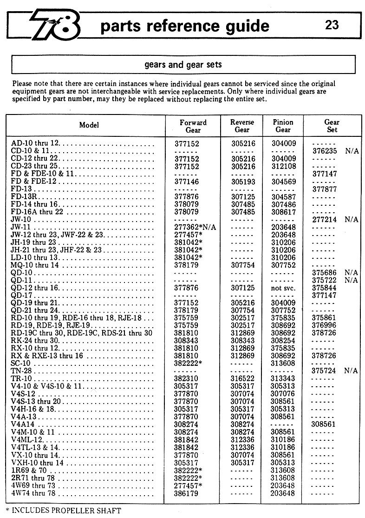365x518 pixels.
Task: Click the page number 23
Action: click(332, 25)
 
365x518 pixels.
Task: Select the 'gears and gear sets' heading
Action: click(182, 65)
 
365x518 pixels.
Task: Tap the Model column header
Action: click(89, 125)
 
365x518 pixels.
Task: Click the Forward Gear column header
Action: click(193, 126)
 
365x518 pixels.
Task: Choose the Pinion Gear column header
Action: click(283, 126)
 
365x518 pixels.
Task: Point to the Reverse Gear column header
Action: click(242, 126)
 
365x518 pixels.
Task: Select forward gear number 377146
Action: click(187, 181)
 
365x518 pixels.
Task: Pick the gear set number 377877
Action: click(324, 189)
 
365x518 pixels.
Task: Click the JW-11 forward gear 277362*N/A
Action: click(195, 227)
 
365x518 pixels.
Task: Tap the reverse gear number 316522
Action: click(243, 378)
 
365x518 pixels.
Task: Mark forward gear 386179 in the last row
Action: click(187, 493)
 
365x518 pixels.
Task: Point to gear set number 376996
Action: click(324, 325)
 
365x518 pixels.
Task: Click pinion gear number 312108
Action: click(283, 166)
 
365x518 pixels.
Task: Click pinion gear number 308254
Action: click(283, 340)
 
